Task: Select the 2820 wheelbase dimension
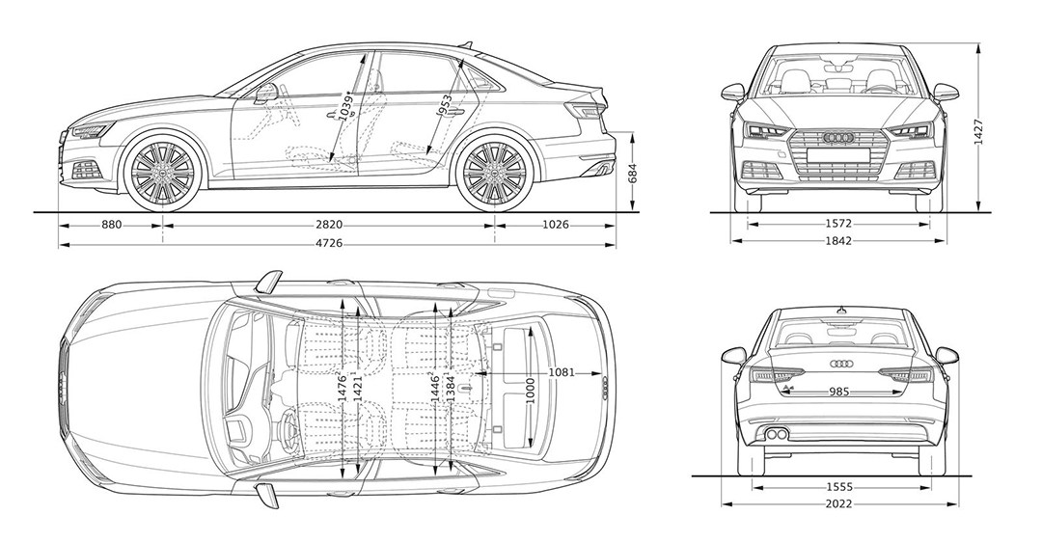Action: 329,224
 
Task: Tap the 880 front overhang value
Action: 111,224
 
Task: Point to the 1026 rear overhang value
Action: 555,224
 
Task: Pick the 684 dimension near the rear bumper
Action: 633,174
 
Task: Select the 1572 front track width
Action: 838,224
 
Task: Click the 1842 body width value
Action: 838,241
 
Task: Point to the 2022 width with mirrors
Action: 838,504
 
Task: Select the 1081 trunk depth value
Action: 562,372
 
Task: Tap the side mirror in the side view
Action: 264,93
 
